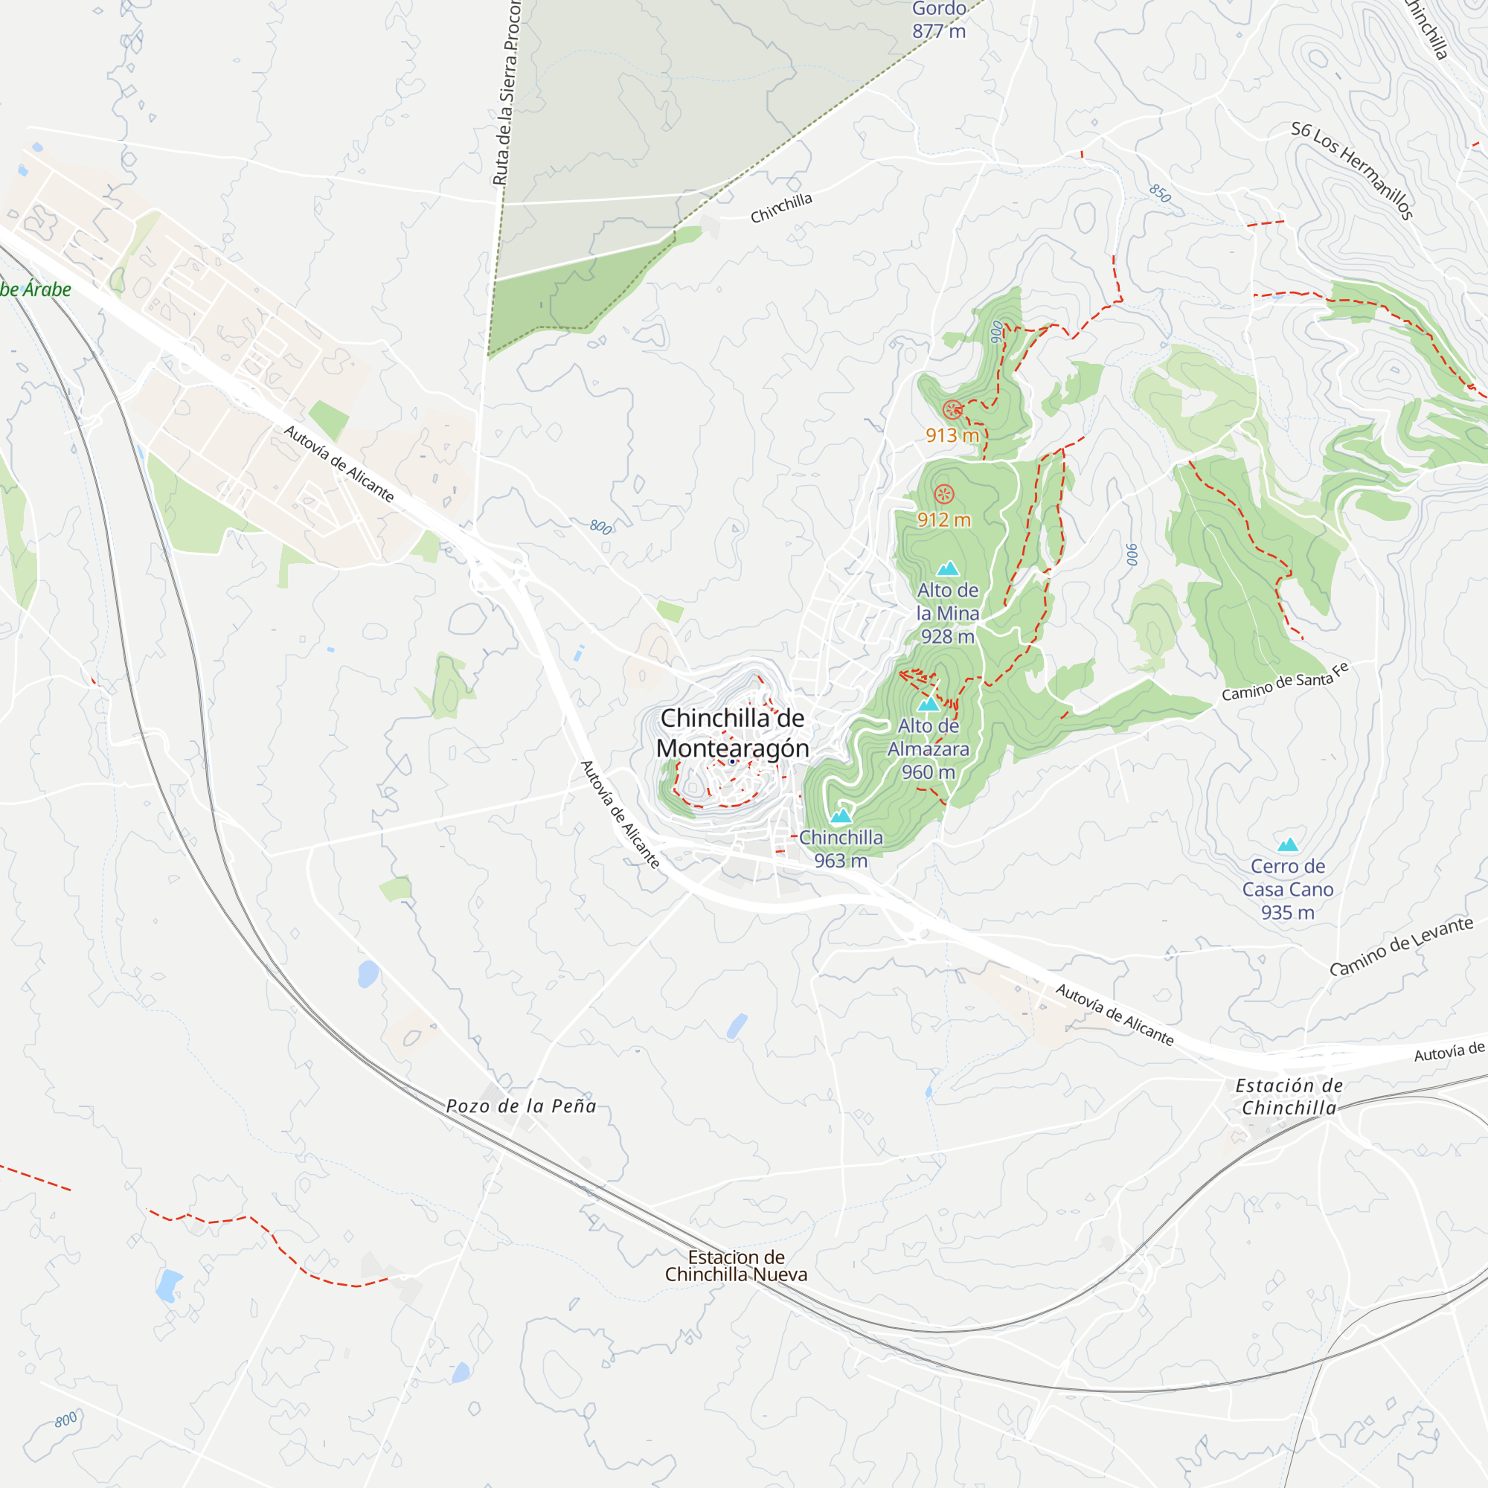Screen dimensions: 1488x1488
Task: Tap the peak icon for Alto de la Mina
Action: [947, 569]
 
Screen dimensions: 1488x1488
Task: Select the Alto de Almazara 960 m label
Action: [928, 748]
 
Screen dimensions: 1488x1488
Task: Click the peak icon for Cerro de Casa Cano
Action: [1288, 845]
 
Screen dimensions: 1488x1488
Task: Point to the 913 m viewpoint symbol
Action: [953, 410]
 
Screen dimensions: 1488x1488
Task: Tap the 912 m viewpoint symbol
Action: [943, 495]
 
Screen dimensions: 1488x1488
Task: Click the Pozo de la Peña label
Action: [522, 1106]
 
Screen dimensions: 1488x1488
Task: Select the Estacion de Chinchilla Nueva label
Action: [736, 1266]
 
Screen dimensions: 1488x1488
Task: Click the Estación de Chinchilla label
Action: [1289, 1097]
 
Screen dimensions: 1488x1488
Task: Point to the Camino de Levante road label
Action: [1401, 946]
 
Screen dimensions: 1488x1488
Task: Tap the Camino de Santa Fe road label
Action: [1285, 682]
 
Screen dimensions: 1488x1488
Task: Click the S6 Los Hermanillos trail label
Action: [1352, 170]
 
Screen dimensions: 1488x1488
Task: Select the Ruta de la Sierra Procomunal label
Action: [507, 92]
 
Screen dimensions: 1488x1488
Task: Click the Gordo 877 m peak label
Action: [939, 20]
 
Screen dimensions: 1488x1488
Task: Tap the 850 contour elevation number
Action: [1160, 193]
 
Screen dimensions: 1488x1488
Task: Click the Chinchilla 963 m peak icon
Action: [840, 815]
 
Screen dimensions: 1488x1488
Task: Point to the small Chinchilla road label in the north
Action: [781, 208]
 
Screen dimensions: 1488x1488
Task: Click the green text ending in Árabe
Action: [36, 289]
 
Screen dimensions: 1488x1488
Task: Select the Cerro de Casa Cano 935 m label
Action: [1288, 889]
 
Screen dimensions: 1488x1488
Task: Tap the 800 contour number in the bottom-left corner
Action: [66, 1419]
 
